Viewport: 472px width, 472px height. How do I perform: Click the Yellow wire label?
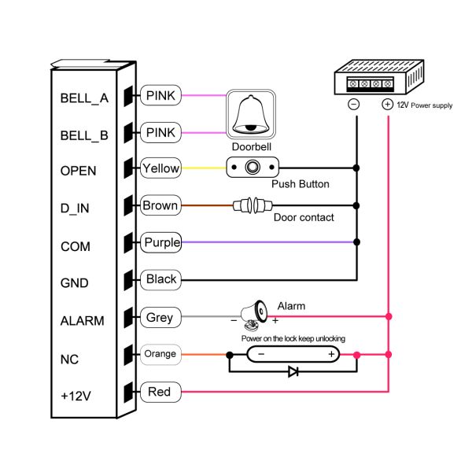[160, 168]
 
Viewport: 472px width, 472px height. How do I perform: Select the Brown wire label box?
[160, 206]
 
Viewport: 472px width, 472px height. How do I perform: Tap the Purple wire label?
[161, 243]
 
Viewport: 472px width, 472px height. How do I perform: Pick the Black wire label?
[161, 279]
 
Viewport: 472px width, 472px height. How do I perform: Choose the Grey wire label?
[160, 318]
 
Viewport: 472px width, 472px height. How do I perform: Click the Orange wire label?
[160, 354]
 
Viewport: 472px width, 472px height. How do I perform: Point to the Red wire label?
[160, 391]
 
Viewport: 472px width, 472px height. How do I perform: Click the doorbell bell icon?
[251, 114]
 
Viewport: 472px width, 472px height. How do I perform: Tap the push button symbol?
[253, 168]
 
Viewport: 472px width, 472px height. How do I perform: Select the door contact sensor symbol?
[252, 206]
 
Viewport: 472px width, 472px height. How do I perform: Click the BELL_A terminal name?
[83, 99]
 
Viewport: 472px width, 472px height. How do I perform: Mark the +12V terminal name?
[77, 394]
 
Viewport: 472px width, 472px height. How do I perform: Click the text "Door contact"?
[304, 218]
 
